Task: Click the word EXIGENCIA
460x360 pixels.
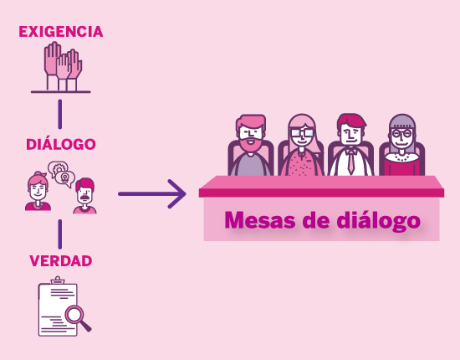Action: [x=61, y=32]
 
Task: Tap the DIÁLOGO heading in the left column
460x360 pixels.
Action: [x=61, y=144]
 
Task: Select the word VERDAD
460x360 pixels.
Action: [x=61, y=260]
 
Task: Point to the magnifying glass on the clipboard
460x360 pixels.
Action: [x=77, y=317]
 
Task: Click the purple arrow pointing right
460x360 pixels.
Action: [x=151, y=193]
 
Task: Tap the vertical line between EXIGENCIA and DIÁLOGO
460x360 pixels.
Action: [x=60, y=114]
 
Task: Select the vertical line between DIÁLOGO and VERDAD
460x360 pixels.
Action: [x=60, y=234]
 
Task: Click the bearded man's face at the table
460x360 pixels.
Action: [x=251, y=134]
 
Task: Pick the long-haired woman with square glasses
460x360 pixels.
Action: [x=301, y=145]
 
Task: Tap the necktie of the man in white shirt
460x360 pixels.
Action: [x=351, y=162]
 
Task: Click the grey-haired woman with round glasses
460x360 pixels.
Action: [x=402, y=145]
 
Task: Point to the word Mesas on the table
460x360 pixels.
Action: [x=260, y=220]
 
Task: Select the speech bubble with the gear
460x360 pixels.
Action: [x=58, y=168]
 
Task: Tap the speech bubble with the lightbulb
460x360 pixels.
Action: [x=65, y=178]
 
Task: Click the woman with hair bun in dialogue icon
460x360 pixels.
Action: [x=38, y=191]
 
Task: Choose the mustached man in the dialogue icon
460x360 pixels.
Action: [x=84, y=196]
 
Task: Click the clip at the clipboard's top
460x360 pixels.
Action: [x=58, y=280]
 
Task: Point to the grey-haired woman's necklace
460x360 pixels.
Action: [x=402, y=157]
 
